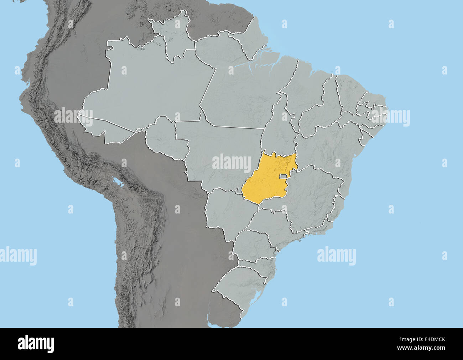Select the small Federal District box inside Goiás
[284, 176]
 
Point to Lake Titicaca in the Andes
[117, 184]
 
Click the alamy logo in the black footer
[36, 344]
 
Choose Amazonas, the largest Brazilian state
[150, 89]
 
